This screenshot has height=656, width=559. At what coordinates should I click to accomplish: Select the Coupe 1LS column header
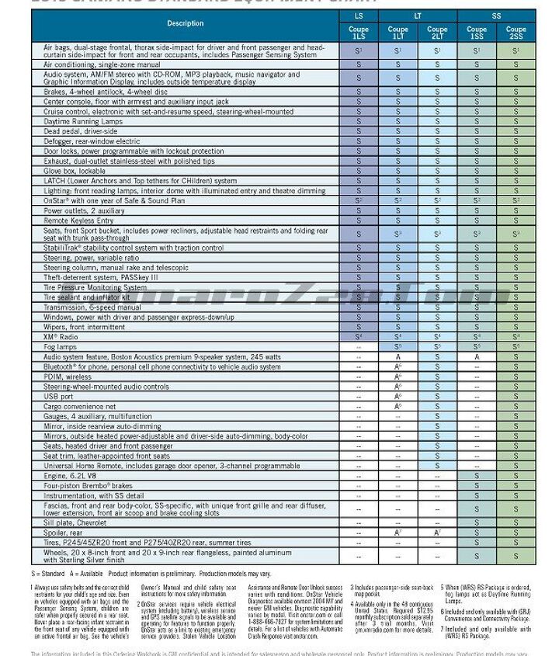358,33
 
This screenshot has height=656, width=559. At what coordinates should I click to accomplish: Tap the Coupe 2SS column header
516,33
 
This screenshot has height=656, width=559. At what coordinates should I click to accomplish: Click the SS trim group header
496,16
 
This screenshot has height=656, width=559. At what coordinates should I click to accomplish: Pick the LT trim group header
417,16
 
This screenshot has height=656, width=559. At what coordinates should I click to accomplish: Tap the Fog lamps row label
61,347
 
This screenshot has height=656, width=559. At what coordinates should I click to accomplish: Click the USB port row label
59,396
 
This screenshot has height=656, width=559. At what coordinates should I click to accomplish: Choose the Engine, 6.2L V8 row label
72,475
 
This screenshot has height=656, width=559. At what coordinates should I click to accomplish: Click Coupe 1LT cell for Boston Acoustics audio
398,357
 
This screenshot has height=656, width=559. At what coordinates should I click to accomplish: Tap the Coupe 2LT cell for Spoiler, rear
437,533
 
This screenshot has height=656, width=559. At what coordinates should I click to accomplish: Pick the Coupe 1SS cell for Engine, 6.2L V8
476,475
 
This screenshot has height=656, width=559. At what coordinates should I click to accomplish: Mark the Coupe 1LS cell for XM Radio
358,337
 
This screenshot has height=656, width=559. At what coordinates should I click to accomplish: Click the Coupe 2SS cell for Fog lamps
516,347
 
